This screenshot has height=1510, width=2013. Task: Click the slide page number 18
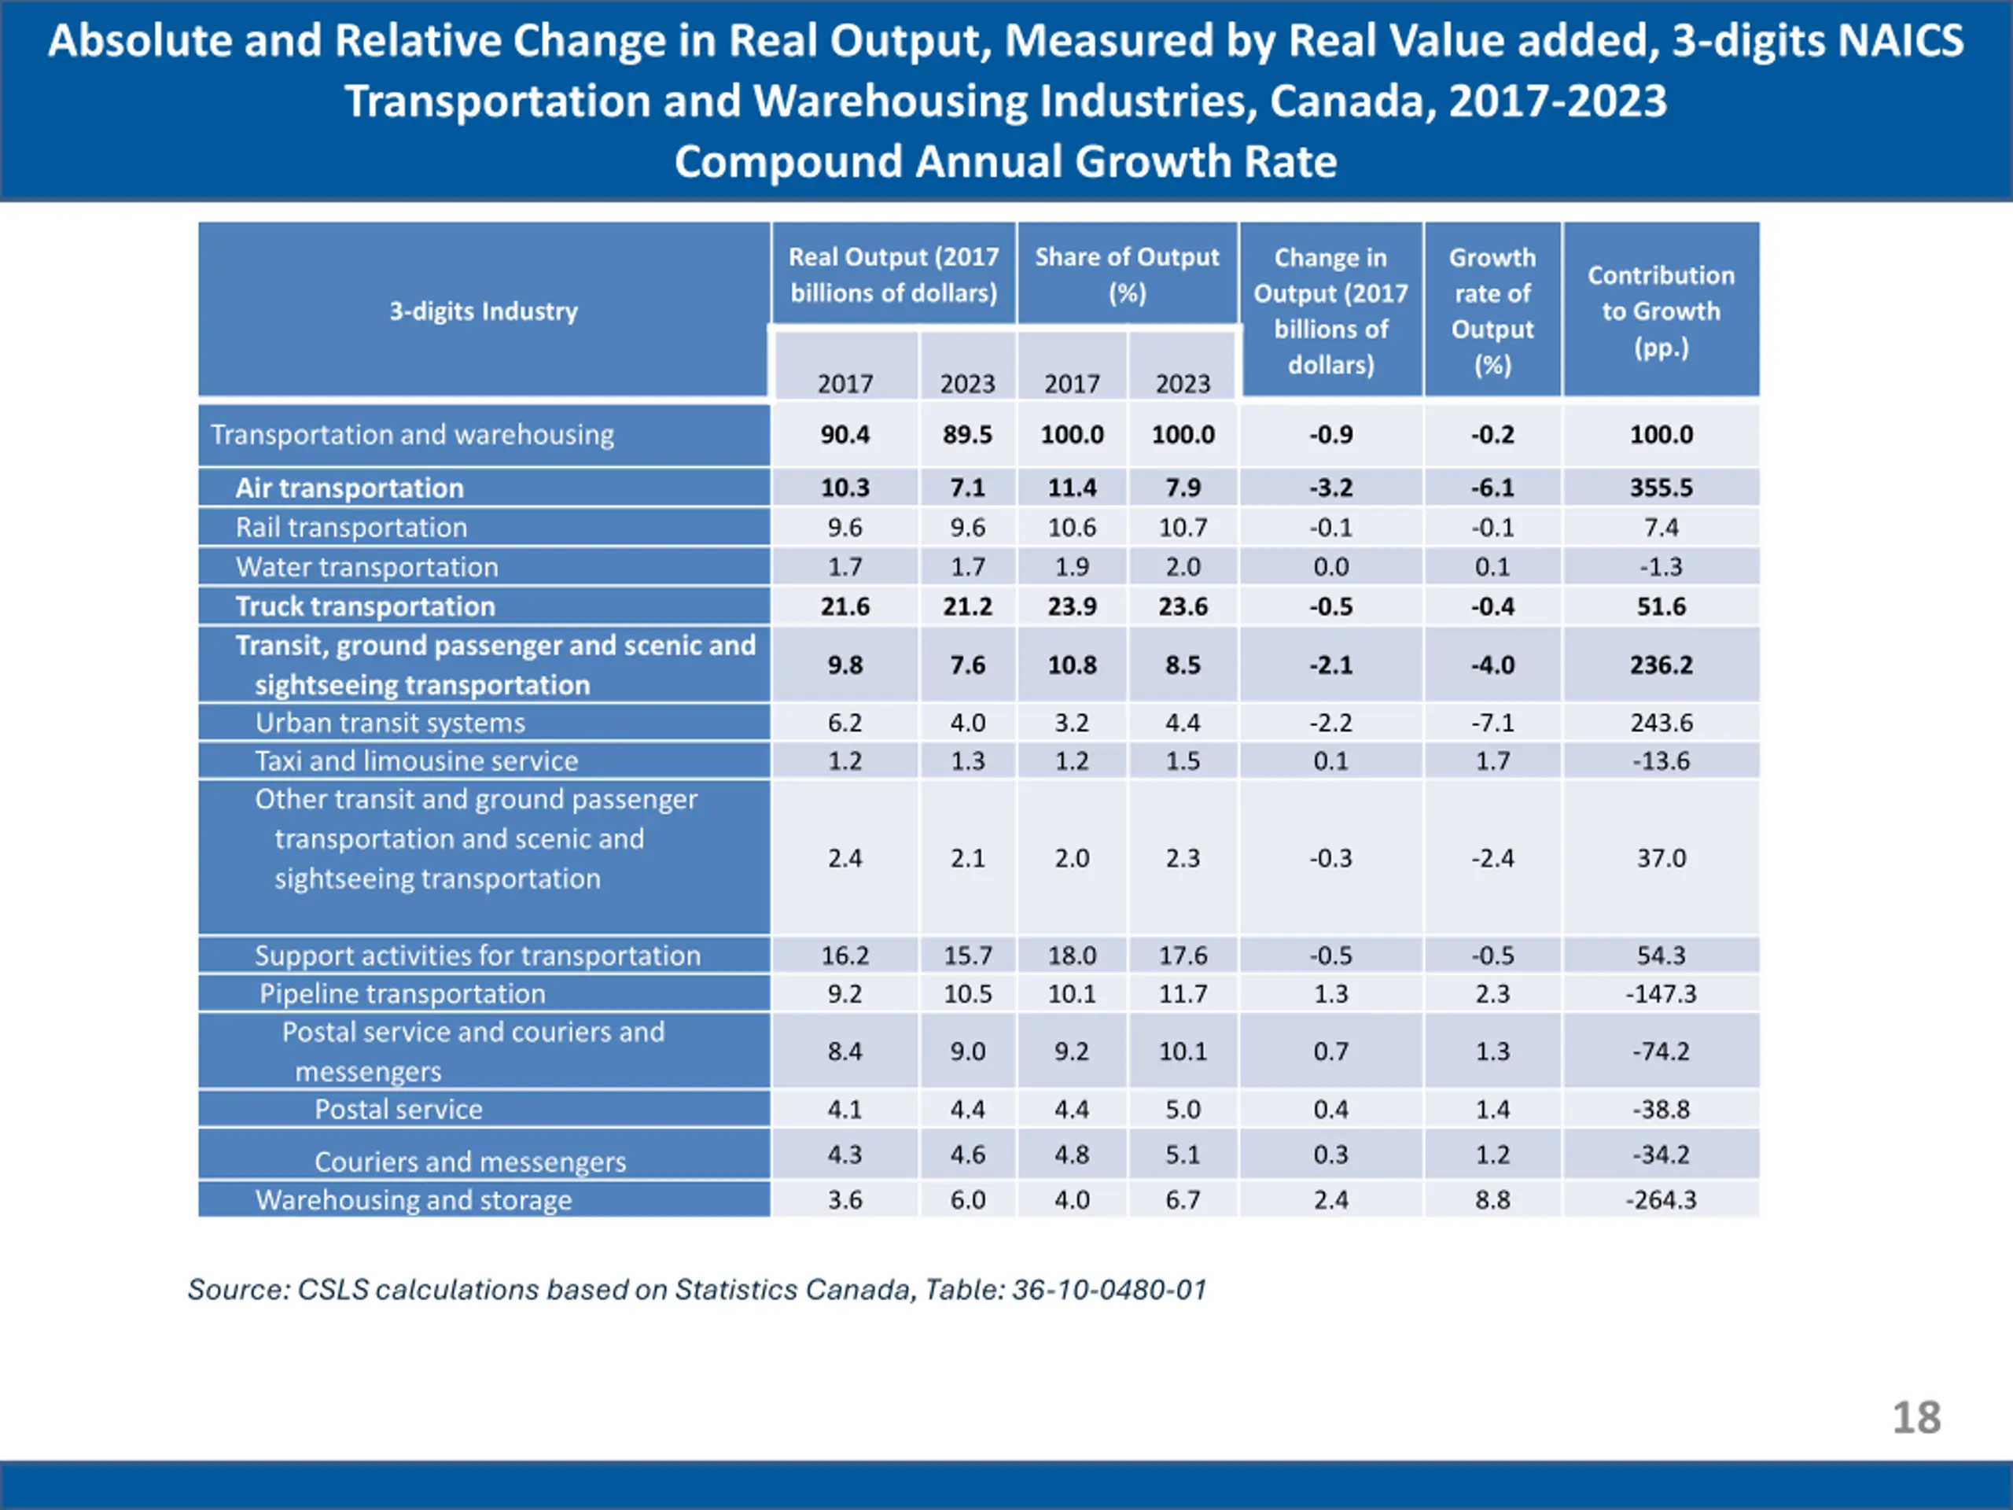[x=1915, y=1417]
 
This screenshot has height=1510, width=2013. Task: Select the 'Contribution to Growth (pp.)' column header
[x=1661, y=311]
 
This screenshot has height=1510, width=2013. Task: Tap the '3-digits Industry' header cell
[x=484, y=311]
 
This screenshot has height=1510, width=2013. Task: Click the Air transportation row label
[x=349, y=488]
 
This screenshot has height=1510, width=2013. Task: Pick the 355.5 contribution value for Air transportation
[x=1661, y=488]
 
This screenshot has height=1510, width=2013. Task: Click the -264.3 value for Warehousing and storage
[x=1661, y=1199]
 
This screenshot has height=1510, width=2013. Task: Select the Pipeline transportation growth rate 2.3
[x=1492, y=994]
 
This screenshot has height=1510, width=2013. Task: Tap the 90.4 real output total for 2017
[x=845, y=435]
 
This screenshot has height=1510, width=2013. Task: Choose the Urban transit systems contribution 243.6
[x=1661, y=723]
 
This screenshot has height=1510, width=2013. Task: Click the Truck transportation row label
[x=365, y=606]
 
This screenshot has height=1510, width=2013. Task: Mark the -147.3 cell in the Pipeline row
[x=1661, y=994]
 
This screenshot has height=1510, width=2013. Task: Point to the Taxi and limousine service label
[x=416, y=761]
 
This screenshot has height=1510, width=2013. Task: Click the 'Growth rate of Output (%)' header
[x=1492, y=311]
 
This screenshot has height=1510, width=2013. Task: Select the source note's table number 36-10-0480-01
[x=1110, y=1290]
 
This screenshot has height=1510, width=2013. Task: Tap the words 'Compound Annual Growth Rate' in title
[x=1006, y=162]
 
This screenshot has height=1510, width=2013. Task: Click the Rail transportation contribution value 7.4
[x=1661, y=528]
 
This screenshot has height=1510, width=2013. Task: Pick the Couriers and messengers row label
[x=469, y=1162]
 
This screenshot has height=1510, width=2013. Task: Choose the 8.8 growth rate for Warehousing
[x=1492, y=1199]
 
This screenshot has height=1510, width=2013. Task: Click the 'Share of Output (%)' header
[x=1127, y=274]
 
